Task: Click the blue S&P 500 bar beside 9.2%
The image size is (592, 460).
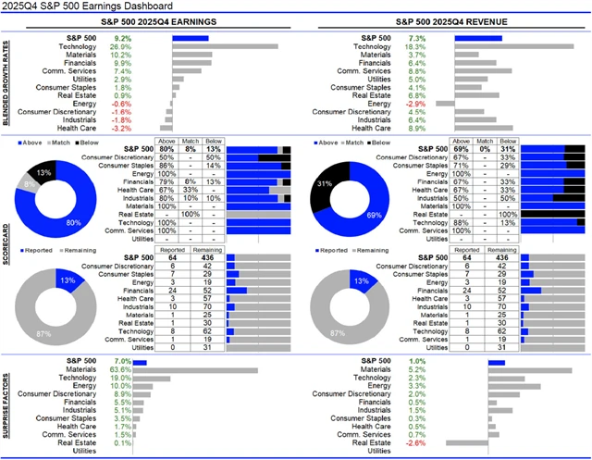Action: (x=191, y=37)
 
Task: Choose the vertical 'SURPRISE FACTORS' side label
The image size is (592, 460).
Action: (x=8, y=404)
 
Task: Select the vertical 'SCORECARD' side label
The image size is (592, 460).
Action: (x=8, y=243)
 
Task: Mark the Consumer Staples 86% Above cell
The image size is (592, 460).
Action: (x=166, y=164)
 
